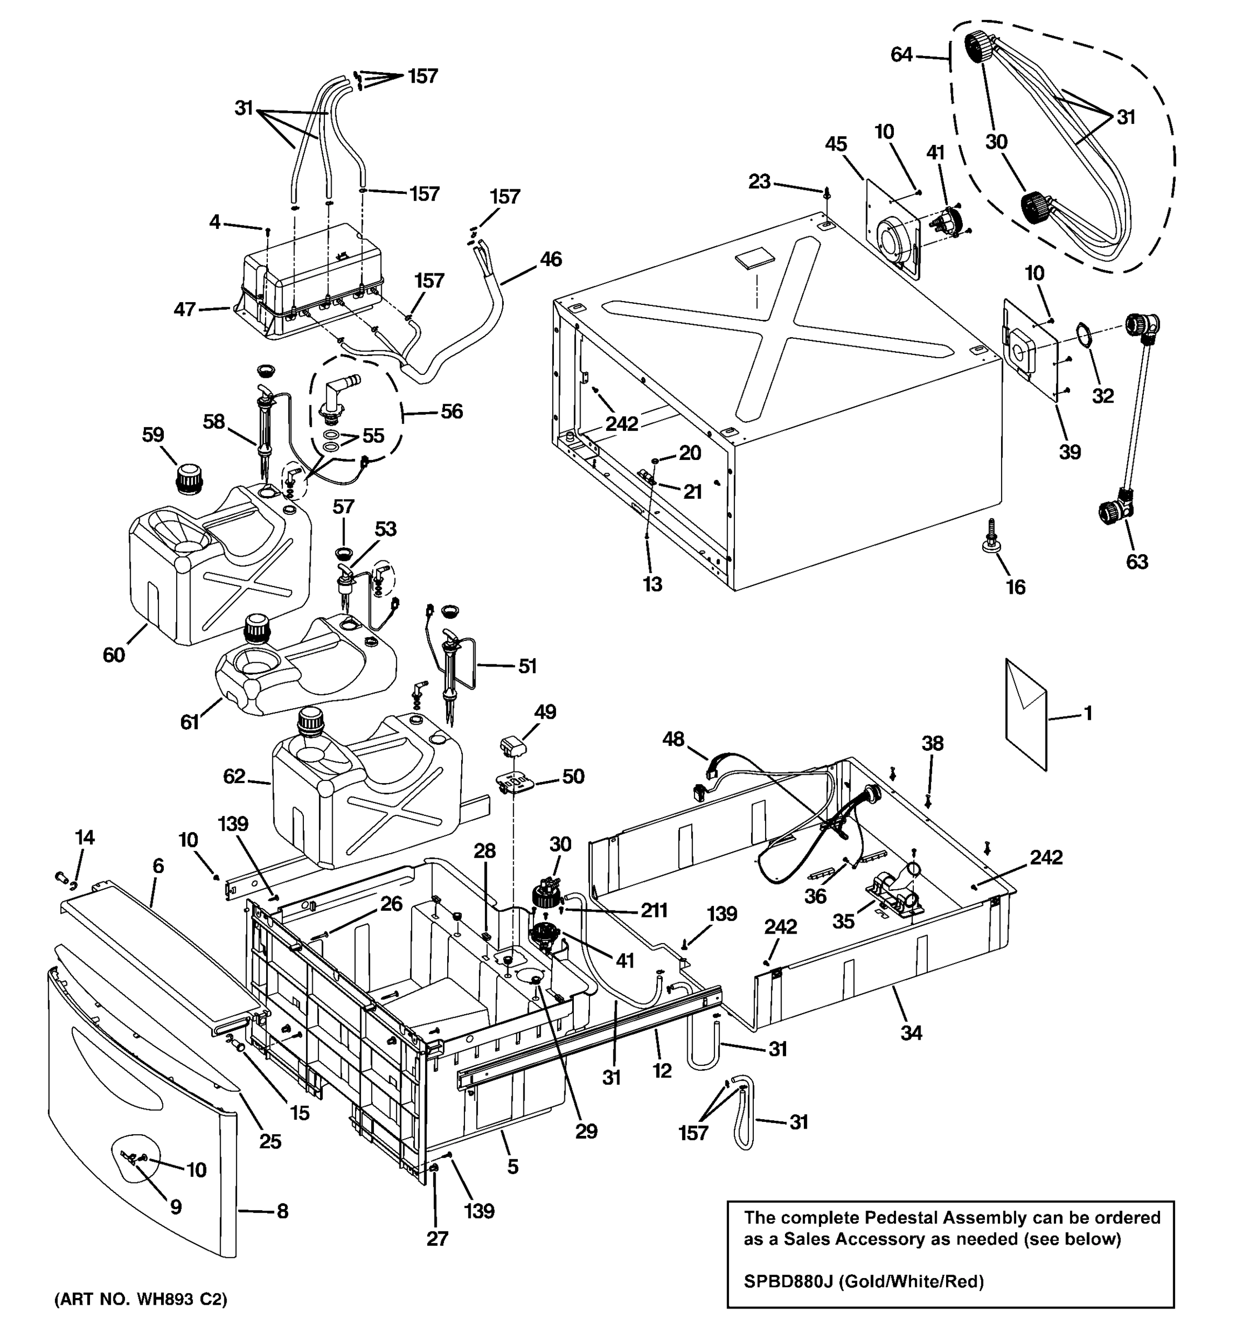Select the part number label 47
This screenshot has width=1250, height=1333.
[184, 309]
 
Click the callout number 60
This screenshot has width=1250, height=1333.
[113, 654]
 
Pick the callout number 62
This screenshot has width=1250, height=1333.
[234, 776]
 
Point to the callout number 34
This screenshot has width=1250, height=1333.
[911, 1033]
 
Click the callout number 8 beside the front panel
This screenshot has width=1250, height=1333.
[282, 1211]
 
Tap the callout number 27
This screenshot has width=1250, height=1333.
[437, 1239]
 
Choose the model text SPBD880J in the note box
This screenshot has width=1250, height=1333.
[788, 1281]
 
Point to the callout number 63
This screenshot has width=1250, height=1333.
[1137, 561]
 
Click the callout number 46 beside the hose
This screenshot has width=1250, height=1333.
[551, 259]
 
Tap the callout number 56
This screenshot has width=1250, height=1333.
[451, 411]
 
